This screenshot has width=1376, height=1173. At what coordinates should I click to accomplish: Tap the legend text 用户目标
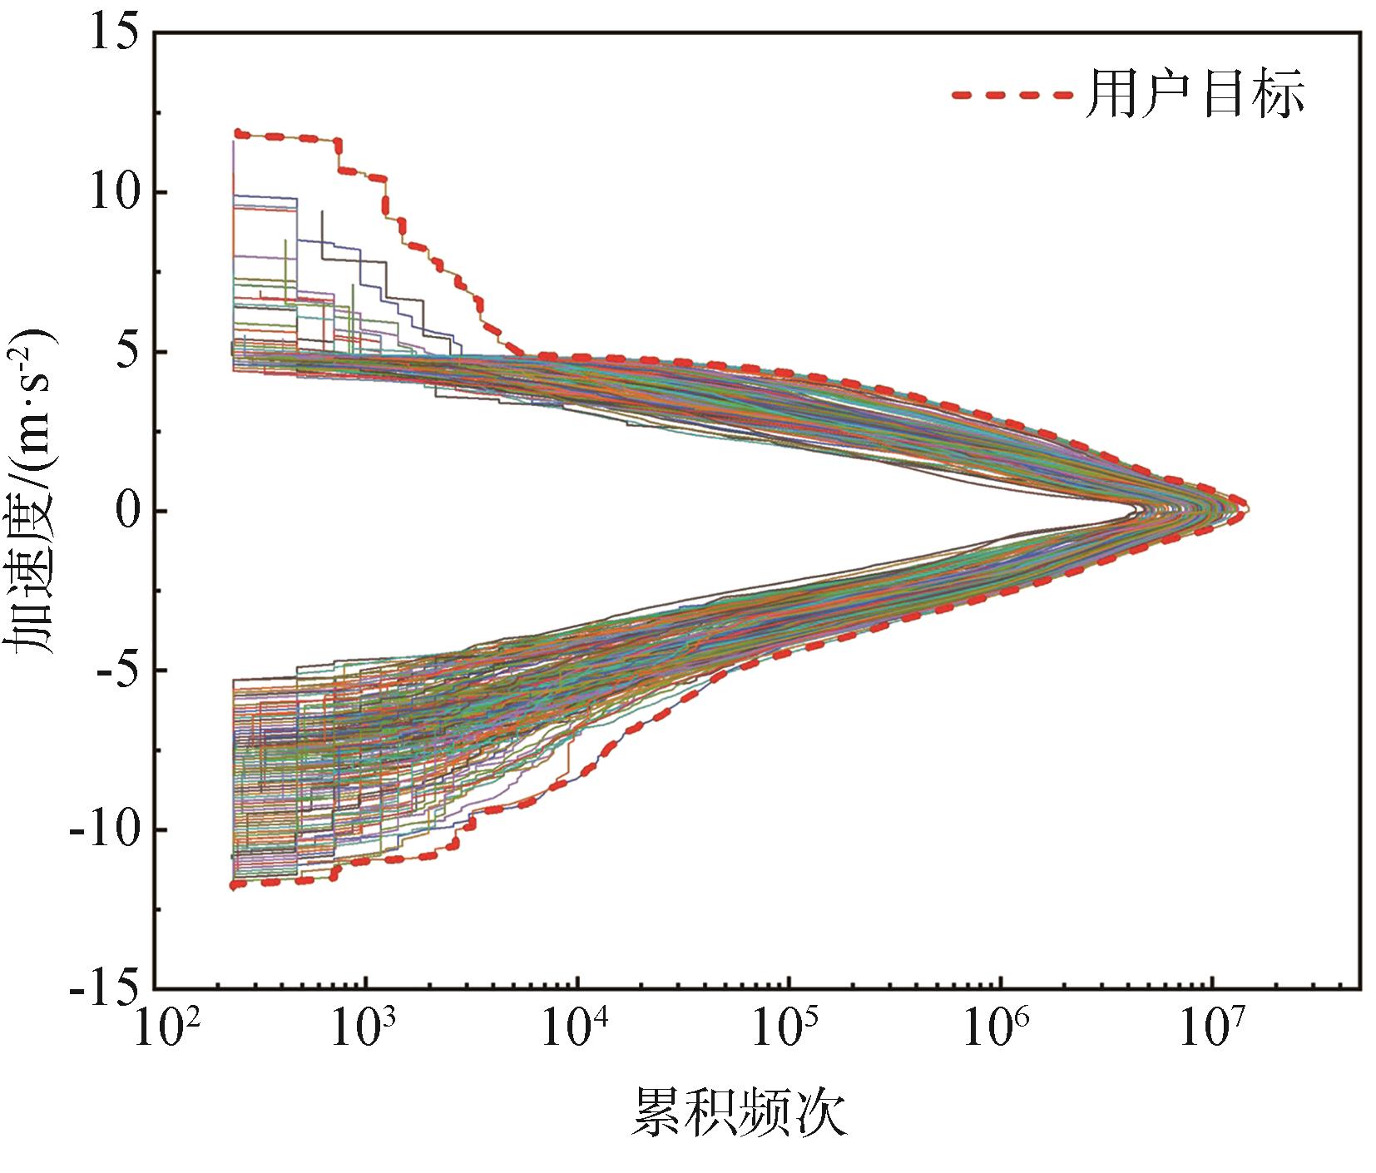pyautogui.click(x=1195, y=94)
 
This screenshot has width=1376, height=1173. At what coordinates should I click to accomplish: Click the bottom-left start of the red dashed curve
pyautogui.click(x=235, y=885)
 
